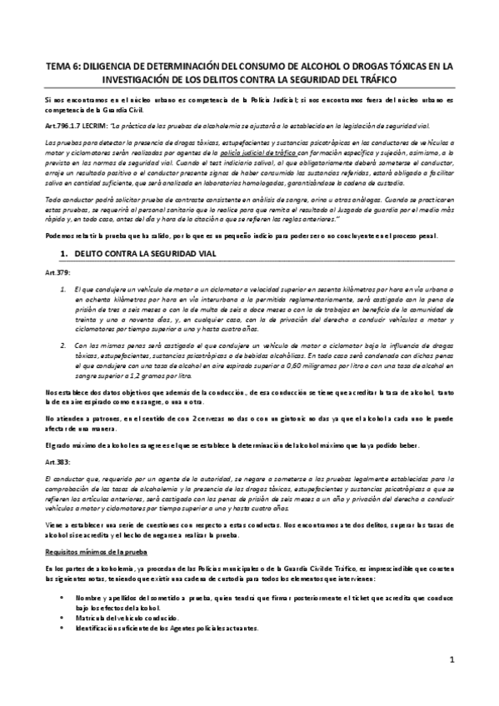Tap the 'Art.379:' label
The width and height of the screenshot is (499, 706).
tap(57, 273)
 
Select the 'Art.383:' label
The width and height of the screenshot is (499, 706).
tap(57, 460)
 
